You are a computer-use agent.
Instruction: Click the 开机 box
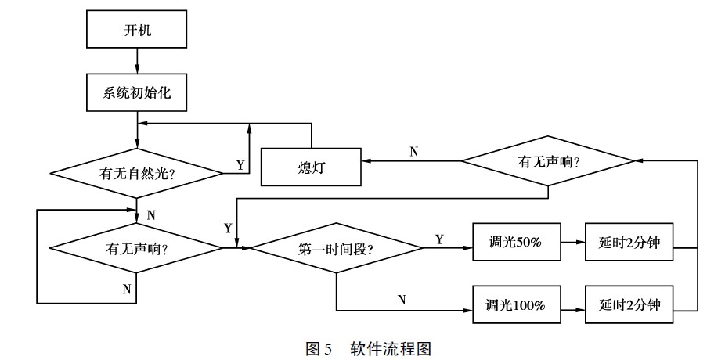tap(136, 29)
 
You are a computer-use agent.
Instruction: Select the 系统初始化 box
tap(136, 92)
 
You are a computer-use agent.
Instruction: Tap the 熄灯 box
tap(311, 167)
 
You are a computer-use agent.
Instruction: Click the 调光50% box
tap(517, 242)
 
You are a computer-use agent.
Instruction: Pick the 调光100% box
tap(517, 304)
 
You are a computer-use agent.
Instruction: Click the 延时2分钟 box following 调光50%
tap(629, 242)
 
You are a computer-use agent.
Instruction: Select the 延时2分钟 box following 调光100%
tap(629, 304)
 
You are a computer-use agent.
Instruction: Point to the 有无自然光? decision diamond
tap(136, 173)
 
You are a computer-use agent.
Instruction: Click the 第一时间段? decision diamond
tap(336, 248)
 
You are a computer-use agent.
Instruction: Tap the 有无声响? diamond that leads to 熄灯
tap(548, 160)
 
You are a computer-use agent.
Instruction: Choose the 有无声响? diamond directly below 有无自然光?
tap(136, 249)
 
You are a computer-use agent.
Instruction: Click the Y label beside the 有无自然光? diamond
tap(240, 165)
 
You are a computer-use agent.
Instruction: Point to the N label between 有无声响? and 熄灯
tap(414, 152)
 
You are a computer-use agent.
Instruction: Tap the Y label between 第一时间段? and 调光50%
tap(439, 239)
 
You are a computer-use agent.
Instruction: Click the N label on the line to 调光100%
tap(402, 300)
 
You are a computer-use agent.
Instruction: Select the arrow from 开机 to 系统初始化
tap(137, 60)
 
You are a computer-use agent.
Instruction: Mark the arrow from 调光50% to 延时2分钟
tap(573, 242)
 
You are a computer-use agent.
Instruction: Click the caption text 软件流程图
tap(391, 348)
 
